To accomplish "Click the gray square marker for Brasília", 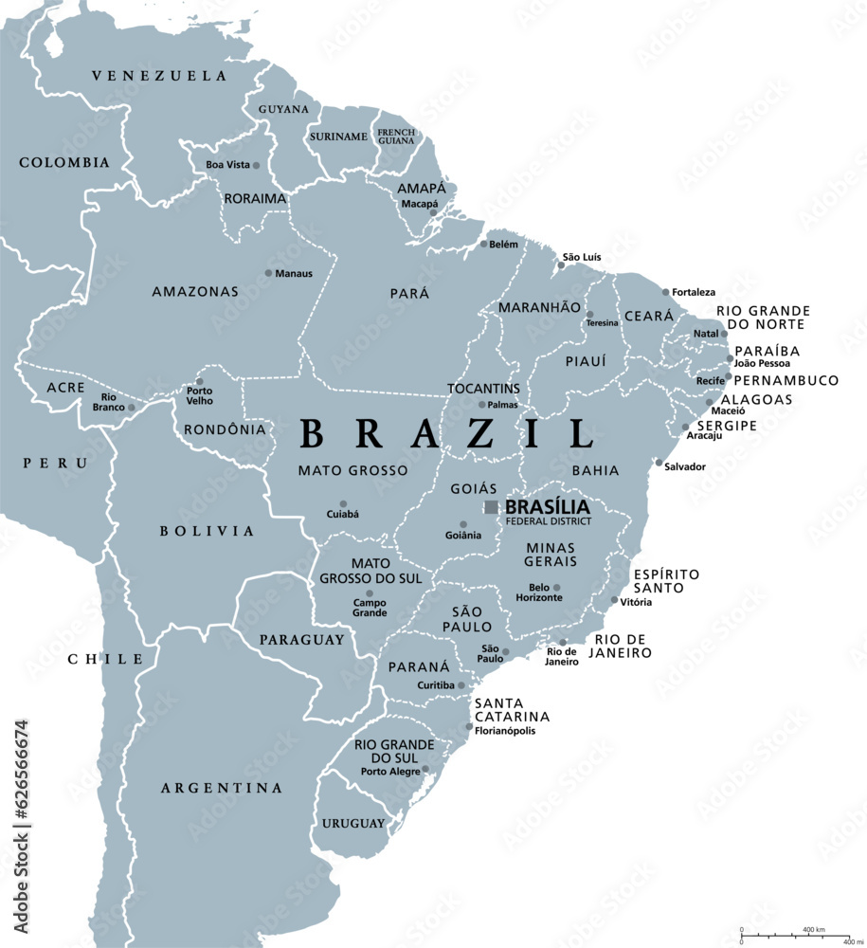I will tap(491, 507).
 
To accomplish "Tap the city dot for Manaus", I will tap(268, 273).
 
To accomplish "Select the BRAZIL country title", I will tap(446, 434).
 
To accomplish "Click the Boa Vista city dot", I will tap(256, 165).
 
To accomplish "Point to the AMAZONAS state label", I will tap(195, 292).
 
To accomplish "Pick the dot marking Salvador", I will tap(659, 463).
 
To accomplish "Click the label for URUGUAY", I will tap(352, 823).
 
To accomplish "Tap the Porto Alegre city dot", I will tap(425, 770).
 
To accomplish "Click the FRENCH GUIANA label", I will tap(396, 137).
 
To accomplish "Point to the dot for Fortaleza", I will tap(665, 292).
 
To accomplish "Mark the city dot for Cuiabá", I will tap(343, 504).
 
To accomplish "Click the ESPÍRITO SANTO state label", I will tap(666, 581).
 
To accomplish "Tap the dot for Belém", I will tap(483, 244).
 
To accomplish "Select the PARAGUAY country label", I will tap(302, 640).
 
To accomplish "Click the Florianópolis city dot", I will tap(469, 727).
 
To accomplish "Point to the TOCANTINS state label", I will tap(484, 389).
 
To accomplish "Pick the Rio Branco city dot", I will tap(132, 408).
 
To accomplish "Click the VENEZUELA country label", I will tap(159, 76).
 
